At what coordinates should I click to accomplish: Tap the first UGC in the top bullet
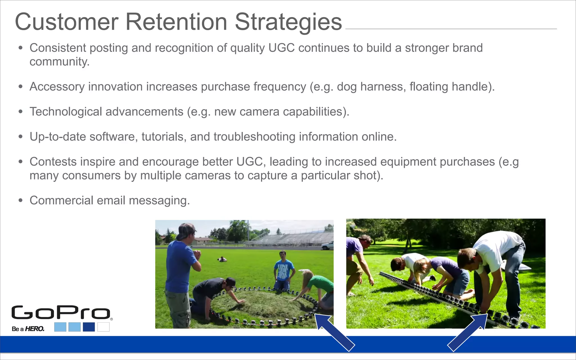tap(281, 48)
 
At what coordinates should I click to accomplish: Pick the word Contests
tap(53, 162)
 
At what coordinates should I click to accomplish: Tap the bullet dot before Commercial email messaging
tap(20, 201)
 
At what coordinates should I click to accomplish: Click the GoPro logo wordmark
tap(60, 313)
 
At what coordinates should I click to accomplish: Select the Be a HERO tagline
tap(28, 329)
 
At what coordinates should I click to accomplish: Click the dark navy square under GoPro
tap(89, 327)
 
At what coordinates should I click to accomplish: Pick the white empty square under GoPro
tap(103, 327)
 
